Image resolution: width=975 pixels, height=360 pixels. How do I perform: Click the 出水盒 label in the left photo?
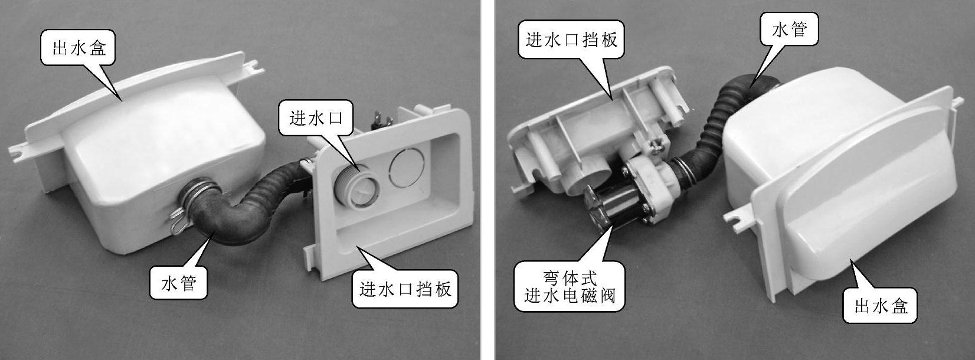[x=79, y=48]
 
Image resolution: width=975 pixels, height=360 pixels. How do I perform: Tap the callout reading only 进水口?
[x=316, y=119]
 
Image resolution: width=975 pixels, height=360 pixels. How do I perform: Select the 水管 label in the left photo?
[x=178, y=283]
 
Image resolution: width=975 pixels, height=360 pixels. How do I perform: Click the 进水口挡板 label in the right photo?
[x=571, y=40]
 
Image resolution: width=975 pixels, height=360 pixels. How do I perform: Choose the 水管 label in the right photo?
[x=789, y=29]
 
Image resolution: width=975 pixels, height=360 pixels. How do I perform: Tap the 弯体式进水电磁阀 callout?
[x=570, y=286]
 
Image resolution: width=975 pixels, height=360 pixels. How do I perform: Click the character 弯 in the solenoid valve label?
[x=551, y=277]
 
